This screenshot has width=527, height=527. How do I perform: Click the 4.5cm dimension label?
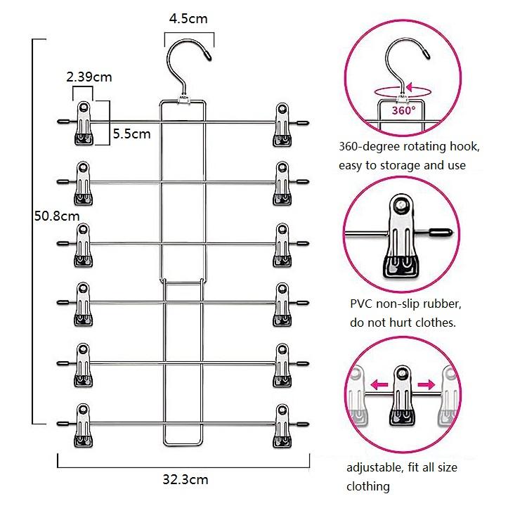pos(188,19)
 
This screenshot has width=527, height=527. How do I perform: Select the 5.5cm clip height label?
pos(132,133)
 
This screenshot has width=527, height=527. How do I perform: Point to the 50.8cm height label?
pos(57,216)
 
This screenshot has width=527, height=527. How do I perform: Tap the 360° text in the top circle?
pos(403,110)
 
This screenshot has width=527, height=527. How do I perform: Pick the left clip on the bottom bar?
pos(84,426)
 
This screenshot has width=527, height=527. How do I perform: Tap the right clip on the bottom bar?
pos(282,426)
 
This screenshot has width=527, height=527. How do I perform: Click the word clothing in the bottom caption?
pos(368,486)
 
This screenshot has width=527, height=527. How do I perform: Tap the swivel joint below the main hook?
pos(186,100)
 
